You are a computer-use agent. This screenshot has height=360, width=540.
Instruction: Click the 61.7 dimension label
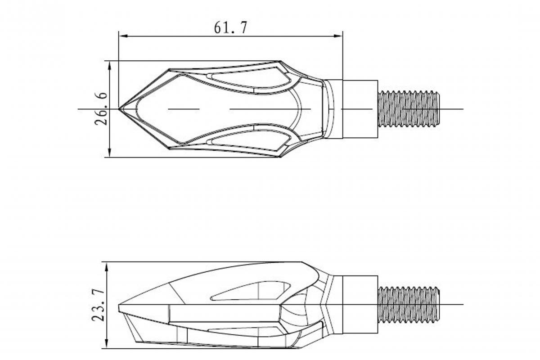230,27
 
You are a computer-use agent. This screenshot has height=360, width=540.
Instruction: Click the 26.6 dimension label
101,108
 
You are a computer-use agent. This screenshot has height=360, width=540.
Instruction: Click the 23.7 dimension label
98,305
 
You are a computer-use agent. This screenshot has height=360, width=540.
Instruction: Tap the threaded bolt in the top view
409,109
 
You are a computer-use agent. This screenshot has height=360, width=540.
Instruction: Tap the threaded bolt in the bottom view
409,305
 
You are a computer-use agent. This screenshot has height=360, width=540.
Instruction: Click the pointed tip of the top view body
119,109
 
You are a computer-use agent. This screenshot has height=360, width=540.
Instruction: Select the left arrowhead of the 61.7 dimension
123,36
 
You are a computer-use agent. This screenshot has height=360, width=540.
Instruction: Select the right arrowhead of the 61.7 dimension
338,36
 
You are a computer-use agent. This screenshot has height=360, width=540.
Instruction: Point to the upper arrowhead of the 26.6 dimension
110,66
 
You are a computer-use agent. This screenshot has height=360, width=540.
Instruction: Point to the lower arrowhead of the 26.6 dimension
110,153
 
